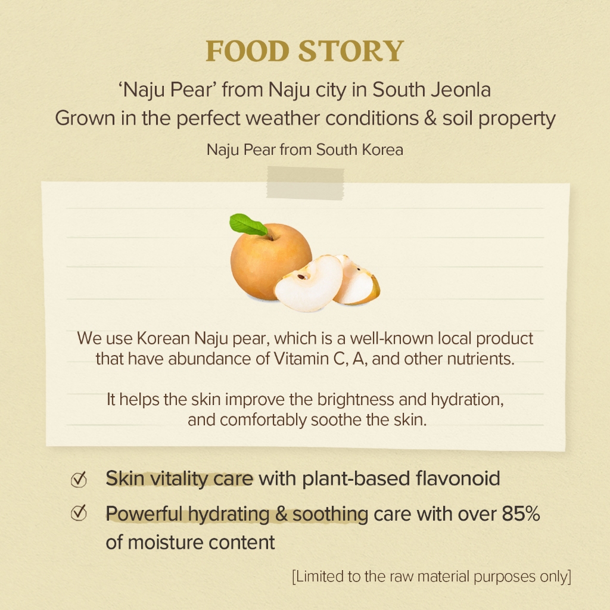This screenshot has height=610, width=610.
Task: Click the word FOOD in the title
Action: point(247,51)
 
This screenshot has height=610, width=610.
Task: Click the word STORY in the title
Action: point(351,51)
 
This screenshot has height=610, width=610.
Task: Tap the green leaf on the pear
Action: point(248,225)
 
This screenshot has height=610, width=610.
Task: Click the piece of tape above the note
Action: point(306,183)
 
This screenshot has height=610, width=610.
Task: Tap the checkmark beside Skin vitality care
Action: point(79,479)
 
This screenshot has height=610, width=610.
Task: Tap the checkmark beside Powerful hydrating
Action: point(79,513)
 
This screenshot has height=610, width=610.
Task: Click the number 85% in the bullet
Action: point(521,513)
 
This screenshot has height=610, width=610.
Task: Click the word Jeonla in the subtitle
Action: point(460,90)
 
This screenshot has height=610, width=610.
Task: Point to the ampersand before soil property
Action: point(430,119)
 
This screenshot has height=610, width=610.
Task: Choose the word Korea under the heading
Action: point(382,150)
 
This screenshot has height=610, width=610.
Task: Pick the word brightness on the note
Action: point(356,400)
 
